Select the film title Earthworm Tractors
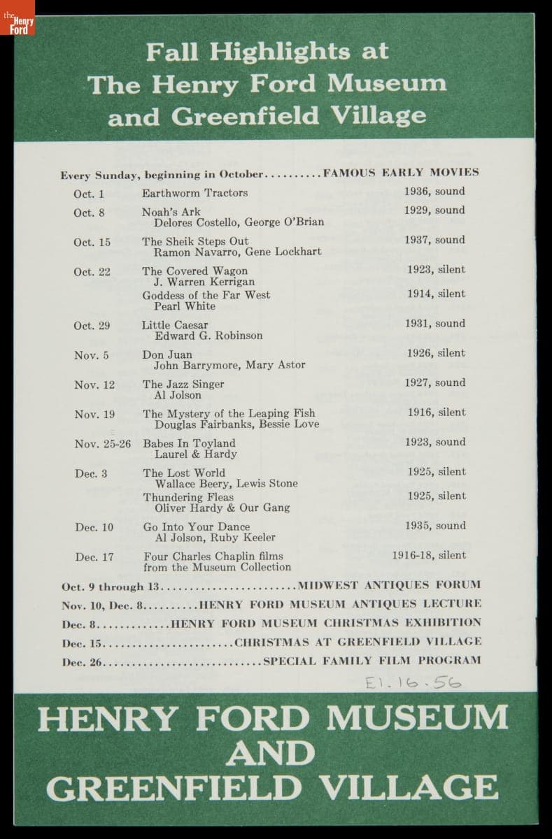pos(194,193)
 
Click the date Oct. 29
pos(92,326)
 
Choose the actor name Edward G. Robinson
pos(208,336)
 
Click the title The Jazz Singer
pos(183,384)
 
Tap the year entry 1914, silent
pos(436,294)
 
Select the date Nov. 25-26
pos(103,444)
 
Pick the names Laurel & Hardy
pos(196,454)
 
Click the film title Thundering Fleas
pos(188,497)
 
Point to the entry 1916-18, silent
pos(429,556)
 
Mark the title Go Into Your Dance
pos(196,526)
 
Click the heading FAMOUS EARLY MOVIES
pos(401,173)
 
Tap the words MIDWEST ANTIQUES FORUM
pos(389,585)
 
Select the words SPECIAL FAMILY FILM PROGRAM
pos(371,660)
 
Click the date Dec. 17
pos(94,557)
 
